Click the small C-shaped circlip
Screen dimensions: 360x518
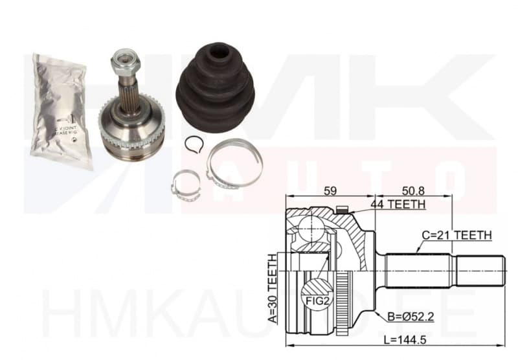(x=193, y=144)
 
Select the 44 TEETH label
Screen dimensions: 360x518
(x=398, y=205)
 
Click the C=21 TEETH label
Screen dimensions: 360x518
(x=456, y=235)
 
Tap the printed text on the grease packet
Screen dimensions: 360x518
(x=68, y=126)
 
